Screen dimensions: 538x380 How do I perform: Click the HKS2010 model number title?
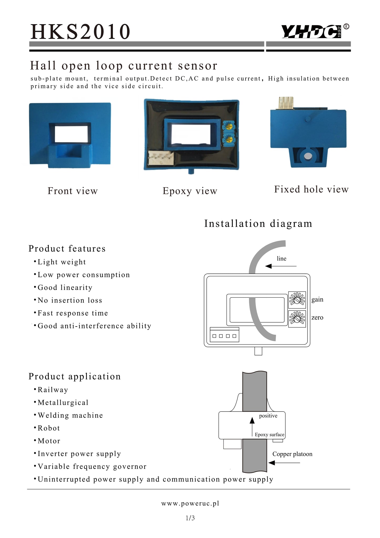[80, 32]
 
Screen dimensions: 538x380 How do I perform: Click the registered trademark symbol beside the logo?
[346, 27]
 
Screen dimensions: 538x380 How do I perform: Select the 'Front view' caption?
[72, 191]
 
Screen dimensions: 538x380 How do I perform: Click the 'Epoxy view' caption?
[190, 191]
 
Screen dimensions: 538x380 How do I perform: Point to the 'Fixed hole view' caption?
[311, 189]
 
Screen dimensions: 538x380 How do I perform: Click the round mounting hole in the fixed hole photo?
[308, 157]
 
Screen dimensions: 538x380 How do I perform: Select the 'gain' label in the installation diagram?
[317, 300]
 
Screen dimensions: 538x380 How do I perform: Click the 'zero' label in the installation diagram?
[317, 318]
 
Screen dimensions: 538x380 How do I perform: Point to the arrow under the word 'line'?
[280, 266]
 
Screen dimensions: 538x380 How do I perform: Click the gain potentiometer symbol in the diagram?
[297, 300]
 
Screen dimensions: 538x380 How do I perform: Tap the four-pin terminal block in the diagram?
[225, 335]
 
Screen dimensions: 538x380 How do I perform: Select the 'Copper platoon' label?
[292, 454]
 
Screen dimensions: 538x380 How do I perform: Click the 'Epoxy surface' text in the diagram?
[269, 435]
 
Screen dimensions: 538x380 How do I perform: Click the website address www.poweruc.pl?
[190, 503]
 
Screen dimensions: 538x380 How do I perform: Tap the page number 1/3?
[190, 518]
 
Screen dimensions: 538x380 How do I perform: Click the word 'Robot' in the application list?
[49, 428]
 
